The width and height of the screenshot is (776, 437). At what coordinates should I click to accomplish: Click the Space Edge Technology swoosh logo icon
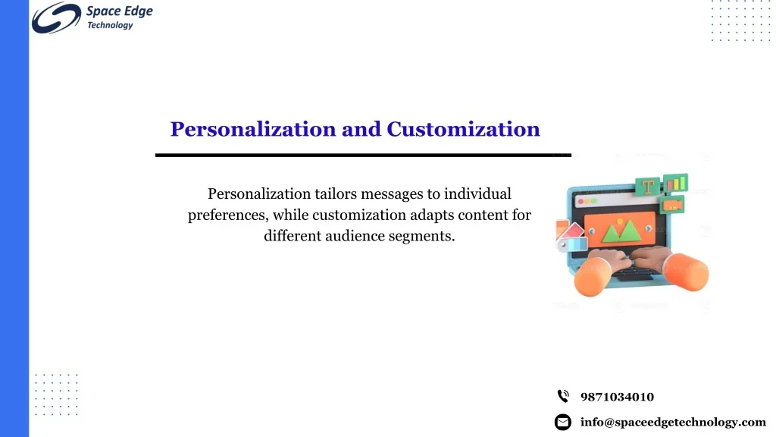click(x=56, y=18)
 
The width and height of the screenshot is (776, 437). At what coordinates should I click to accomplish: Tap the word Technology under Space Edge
click(x=110, y=25)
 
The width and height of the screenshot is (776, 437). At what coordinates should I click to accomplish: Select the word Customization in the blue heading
click(x=463, y=129)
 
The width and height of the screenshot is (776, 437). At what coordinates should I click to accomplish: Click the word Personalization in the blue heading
click(x=253, y=129)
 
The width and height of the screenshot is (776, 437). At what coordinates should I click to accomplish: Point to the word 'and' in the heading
click(x=361, y=129)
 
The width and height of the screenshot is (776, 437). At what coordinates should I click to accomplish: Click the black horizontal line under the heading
click(x=363, y=155)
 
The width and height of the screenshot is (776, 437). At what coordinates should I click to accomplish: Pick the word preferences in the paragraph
click(x=228, y=215)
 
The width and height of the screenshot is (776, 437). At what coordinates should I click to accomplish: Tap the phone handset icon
click(x=563, y=396)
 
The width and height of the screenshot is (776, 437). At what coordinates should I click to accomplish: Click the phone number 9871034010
click(x=617, y=397)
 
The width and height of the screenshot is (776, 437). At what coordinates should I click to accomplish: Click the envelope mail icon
click(x=563, y=422)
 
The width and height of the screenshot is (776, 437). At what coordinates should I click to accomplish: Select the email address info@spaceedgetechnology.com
click(x=673, y=422)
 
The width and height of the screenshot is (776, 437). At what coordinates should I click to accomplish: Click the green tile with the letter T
click(x=648, y=187)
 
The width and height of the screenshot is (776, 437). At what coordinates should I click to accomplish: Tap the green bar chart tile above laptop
click(x=675, y=183)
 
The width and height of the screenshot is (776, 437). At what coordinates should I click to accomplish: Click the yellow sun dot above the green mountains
click(x=620, y=222)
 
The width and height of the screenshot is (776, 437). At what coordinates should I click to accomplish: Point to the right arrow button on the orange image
click(x=649, y=229)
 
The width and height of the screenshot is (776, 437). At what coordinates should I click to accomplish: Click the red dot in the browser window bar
click(x=581, y=201)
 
